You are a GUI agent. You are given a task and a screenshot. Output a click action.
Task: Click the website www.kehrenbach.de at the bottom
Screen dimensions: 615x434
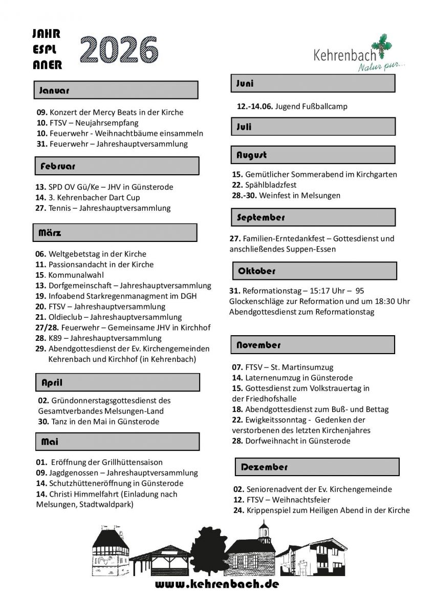pos(216,584)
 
